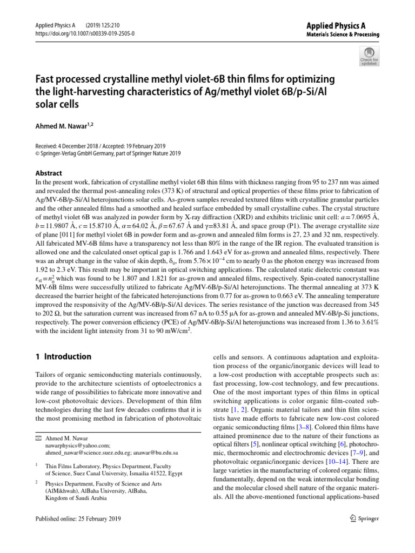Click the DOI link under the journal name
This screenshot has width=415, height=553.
point(85,33)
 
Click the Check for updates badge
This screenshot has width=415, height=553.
point(369,56)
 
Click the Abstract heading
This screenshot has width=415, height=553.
point(49,174)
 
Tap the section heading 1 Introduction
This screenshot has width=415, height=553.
point(63,356)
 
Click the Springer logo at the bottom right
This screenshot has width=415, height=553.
point(364,518)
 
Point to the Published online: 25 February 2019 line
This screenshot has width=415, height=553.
point(78,518)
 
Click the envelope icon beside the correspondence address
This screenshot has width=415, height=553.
point(38,438)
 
